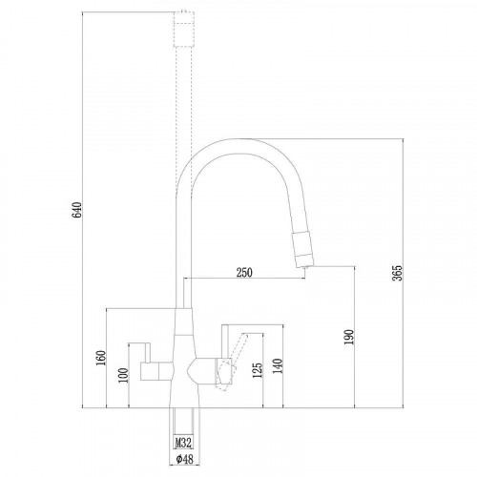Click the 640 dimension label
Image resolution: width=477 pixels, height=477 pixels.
76,210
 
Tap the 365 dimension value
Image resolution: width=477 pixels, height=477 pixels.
397,273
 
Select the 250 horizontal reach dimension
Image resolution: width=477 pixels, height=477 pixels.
244,273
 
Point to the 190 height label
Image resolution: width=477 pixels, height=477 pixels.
349,337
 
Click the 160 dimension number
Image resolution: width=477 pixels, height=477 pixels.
100,358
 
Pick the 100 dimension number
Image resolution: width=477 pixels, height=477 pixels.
123,375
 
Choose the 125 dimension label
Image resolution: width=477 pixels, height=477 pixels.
258,370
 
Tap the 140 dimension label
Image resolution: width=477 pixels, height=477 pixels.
278,366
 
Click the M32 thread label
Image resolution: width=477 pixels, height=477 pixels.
183,442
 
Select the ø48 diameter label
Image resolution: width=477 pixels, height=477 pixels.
184,459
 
